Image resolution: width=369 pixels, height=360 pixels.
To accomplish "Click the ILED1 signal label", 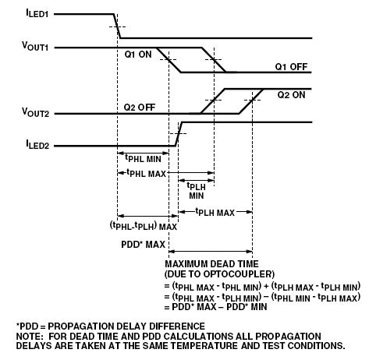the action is click(x=37, y=13).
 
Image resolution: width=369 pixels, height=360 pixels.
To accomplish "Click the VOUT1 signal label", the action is click(x=35, y=46).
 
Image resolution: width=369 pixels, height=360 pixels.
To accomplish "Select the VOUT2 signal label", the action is click(x=35, y=112).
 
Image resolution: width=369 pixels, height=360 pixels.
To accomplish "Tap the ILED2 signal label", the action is click(x=37, y=145).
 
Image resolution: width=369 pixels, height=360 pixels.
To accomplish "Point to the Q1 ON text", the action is click(x=138, y=55).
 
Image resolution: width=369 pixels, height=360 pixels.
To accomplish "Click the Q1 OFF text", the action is click(x=291, y=67).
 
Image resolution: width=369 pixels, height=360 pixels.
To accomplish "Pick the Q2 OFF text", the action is click(x=140, y=107).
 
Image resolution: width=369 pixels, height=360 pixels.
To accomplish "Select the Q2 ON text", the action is click(x=291, y=95).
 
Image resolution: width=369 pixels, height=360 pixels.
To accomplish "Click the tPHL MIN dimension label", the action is click(x=143, y=158).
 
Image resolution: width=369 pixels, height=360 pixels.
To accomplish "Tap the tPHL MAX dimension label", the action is click(x=146, y=173).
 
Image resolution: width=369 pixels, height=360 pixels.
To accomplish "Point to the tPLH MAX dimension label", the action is click(x=215, y=212).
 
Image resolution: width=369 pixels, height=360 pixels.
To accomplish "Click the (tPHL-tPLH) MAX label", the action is click(x=144, y=226).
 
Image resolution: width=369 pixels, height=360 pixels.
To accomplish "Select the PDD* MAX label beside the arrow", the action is click(x=144, y=245).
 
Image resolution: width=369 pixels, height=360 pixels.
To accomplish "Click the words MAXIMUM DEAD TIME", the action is click(x=211, y=264).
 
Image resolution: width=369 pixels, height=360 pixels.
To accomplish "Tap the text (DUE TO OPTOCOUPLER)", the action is click(x=220, y=274).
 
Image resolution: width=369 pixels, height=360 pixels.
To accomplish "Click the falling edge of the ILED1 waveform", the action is click(x=117, y=26).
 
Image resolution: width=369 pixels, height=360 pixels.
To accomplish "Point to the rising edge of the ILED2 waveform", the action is click(x=179, y=134).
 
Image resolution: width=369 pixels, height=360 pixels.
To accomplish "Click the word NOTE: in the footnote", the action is click(x=30, y=337).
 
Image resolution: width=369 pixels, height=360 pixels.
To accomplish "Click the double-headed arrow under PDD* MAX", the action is click(x=211, y=252).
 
